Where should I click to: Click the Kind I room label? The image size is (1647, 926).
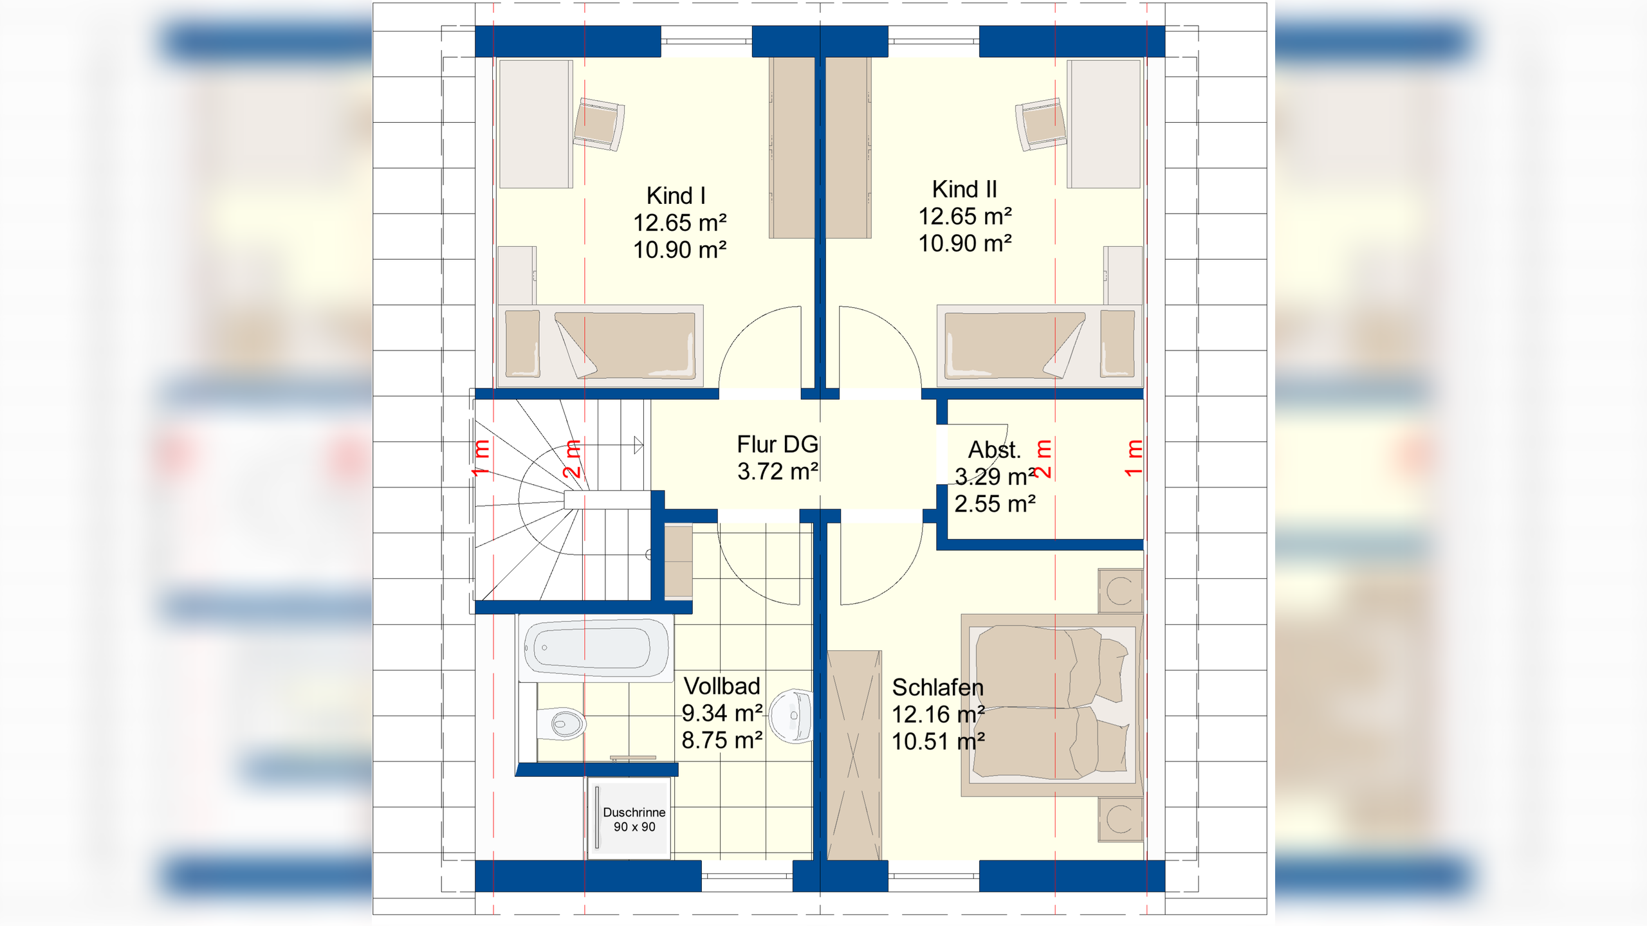tap(676, 195)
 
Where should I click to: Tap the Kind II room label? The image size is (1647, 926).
tap(964, 189)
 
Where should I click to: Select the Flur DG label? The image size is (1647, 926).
tap(777, 444)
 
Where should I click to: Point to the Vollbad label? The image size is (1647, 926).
tap(722, 686)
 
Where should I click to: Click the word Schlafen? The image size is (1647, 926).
tap(938, 688)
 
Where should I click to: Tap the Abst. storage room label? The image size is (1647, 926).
tap(995, 449)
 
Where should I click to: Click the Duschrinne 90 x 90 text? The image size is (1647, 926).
tap(634, 819)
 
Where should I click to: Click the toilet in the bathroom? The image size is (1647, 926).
tap(560, 723)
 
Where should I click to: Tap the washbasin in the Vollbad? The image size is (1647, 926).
tap(791, 716)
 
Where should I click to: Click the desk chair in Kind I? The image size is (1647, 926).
tap(599, 124)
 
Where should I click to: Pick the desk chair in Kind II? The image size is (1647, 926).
tap(1041, 124)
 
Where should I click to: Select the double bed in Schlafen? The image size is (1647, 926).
tap(1052, 705)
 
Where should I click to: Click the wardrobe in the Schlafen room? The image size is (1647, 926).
tap(854, 755)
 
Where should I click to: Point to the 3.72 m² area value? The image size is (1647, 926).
tap(778, 471)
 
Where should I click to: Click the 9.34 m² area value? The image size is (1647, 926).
tap(722, 713)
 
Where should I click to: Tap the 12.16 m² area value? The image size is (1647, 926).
tap(938, 714)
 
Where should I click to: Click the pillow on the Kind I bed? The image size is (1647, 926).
tap(522, 343)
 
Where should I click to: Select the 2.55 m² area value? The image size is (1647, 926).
tap(995, 504)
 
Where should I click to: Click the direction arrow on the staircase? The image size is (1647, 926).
tap(638, 445)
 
